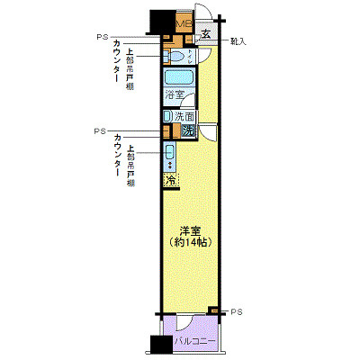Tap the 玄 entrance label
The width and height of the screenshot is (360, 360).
click(206, 35)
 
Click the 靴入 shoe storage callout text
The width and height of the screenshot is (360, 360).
click(238, 41)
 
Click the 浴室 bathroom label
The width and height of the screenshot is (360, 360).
click(175, 94)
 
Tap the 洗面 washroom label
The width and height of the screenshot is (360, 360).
click(183, 116)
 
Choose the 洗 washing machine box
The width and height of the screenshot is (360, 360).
click(187, 130)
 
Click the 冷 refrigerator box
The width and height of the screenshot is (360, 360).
click(169, 181)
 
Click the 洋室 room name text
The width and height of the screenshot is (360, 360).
click(187, 229)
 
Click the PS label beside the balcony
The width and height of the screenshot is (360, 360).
click(236, 311)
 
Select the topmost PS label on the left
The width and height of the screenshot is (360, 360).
click(100, 37)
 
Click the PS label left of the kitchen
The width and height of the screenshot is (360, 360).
click(100, 130)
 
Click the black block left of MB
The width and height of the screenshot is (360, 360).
click(162, 20)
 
